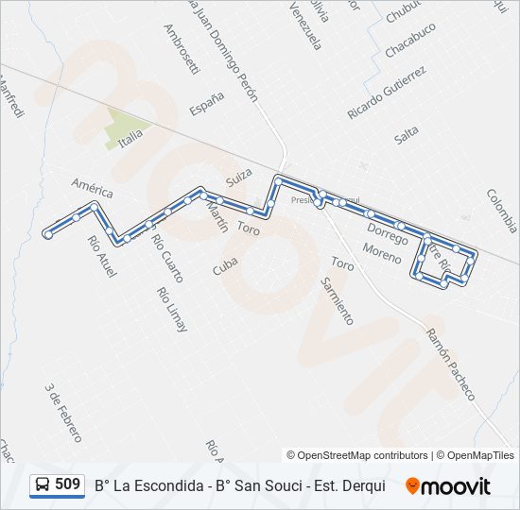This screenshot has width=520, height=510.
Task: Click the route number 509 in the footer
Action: (67, 484)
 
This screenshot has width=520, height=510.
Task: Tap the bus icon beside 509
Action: (43, 485)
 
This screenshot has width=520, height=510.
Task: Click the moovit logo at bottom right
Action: (448, 485)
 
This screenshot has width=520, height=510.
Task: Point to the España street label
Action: (206, 103)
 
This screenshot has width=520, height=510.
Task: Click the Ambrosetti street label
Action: (181, 49)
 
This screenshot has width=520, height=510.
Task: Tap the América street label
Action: (92, 187)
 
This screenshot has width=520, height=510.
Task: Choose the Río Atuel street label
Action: (101, 256)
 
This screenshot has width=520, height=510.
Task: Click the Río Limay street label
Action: (174, 309)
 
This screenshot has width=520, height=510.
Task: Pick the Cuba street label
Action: (225, 263)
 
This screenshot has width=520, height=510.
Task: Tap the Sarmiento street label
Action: (337, 300)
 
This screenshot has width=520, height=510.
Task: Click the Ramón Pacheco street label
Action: (449, 364)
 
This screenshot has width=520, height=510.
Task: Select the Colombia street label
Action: (501, 211)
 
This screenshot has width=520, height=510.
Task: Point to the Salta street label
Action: (407, 135)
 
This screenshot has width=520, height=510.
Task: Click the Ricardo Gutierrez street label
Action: (387, 92)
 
